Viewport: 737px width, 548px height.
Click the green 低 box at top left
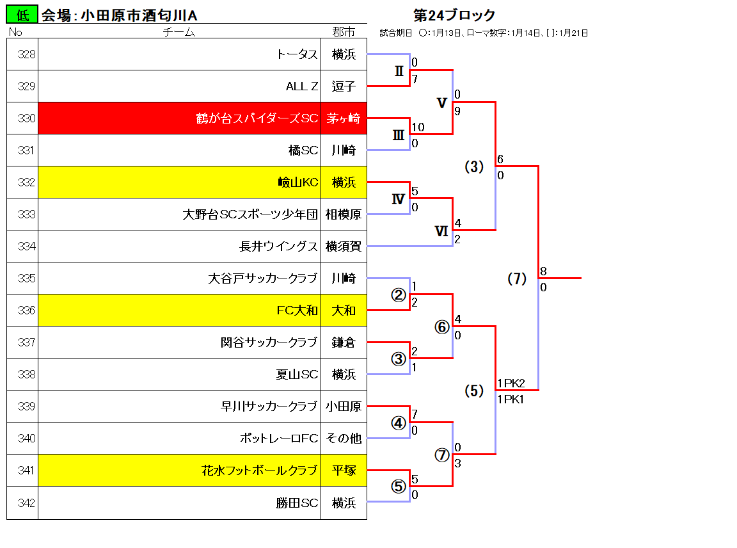[22, 15]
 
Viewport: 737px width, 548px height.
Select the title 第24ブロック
[454, 15]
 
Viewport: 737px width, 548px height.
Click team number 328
[26, 54]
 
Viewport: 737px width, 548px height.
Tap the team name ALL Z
[302, 86]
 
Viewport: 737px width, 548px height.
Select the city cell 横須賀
[344, 246]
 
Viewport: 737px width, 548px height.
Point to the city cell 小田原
[344, 406]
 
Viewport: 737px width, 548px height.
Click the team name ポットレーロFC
[279, 438]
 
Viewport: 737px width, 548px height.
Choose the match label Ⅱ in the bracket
[399, 71]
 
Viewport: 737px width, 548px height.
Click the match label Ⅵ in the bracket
[441, 231]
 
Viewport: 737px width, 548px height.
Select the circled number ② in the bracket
[399, 295]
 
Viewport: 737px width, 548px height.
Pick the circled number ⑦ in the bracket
[442, 455]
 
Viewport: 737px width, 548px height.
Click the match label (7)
[517, 278]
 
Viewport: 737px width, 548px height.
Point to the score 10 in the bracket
[418, 127]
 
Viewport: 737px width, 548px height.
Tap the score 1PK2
[511, 383]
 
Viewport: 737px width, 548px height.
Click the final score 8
[543, 271]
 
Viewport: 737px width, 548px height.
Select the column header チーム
[178, 32]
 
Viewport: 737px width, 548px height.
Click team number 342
[26, 503]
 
